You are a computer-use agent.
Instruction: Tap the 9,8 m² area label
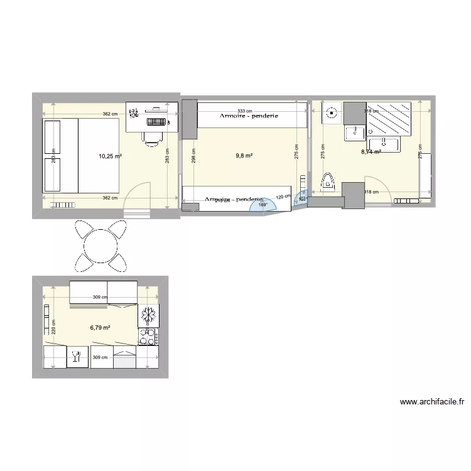(x=244, y=155)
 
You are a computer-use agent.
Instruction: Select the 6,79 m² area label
(x=100, y=327)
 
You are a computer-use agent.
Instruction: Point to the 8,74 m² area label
(x=371, y=151)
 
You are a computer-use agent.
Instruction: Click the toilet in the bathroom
(x=328, y=182)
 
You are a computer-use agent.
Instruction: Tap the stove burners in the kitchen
(x=149, y=337)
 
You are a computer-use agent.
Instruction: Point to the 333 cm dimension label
(x=245, y=110)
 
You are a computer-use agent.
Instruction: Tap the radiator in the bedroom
(x=63, y=205)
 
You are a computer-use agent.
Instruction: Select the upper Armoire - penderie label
(x=249, y=116)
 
